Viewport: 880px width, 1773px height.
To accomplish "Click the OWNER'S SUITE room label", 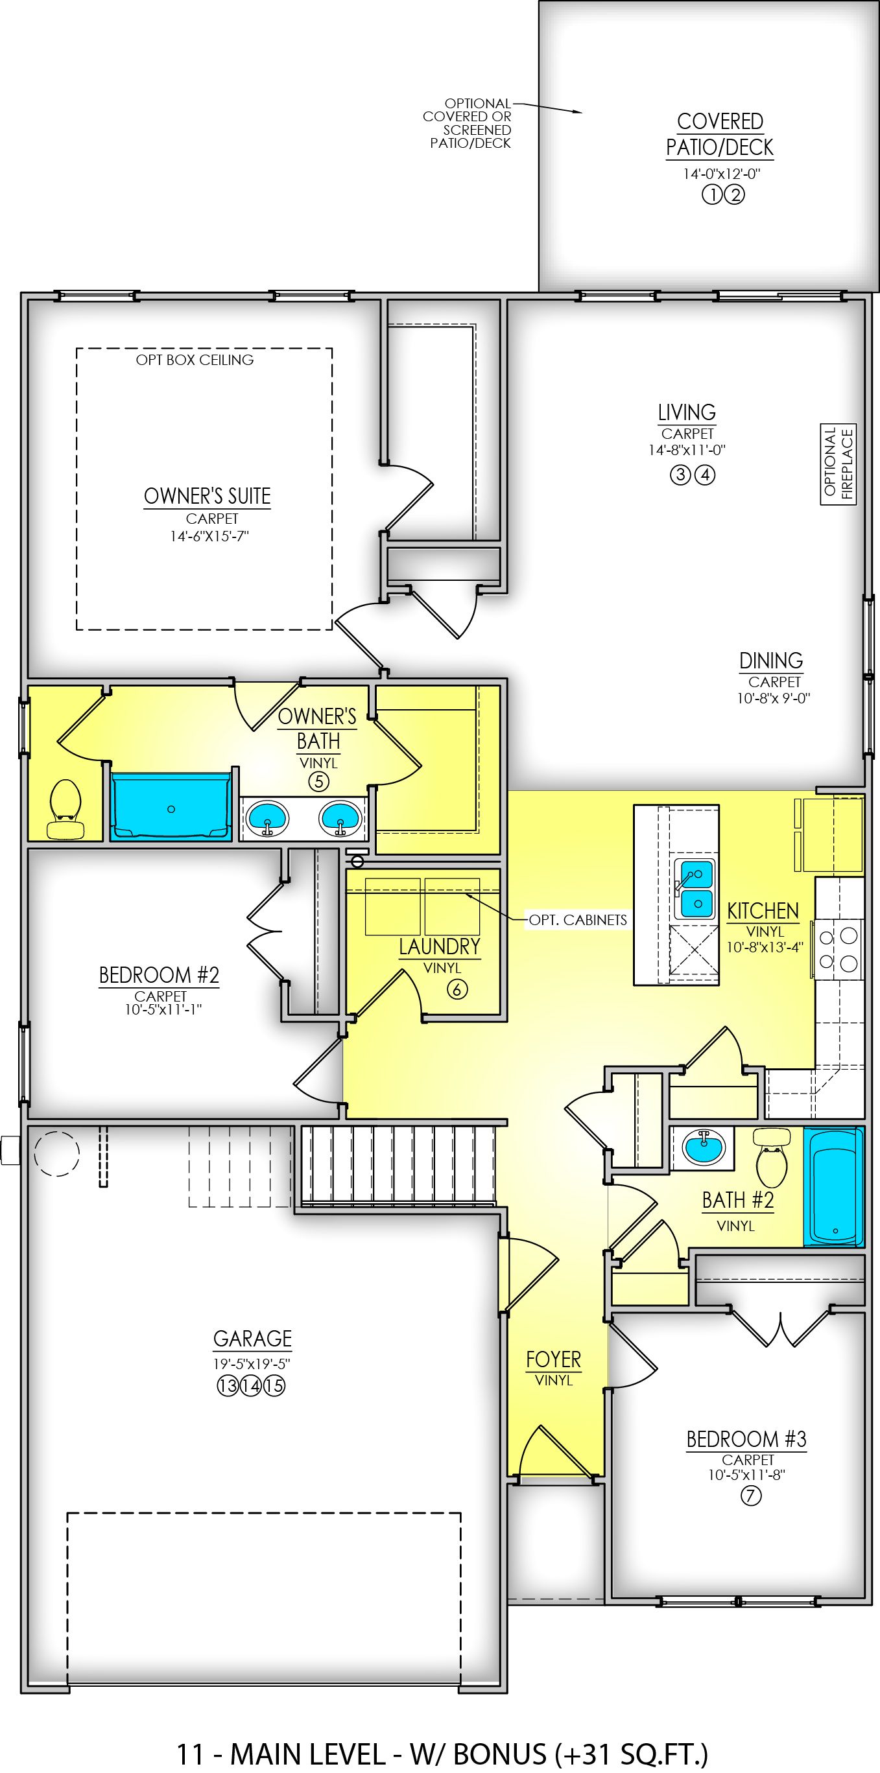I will tap(208, 497).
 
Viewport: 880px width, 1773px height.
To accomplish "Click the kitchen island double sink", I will tap(694, 888).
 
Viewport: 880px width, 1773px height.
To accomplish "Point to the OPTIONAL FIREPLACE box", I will tap(838, 464).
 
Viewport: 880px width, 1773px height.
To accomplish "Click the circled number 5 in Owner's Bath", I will tap(318, 781).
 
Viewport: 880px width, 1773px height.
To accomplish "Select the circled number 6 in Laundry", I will tap(457, 989).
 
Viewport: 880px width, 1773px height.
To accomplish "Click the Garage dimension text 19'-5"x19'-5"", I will tap(252, 1363).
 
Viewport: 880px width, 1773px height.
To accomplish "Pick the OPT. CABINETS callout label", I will tap(578, 919).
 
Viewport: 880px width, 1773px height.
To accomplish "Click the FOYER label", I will tap(554, 1359).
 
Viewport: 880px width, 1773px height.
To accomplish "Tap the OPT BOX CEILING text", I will tap(195, 360).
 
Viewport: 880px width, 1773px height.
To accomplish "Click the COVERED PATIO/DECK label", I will tap(720, 134).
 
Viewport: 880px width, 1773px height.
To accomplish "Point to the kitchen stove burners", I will tap(838, 948).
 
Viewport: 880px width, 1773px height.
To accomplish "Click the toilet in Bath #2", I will tap(771, 1158).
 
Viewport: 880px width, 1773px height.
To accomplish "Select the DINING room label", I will tap(771, 661).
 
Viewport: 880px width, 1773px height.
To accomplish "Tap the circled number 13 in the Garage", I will tap(228, 1385).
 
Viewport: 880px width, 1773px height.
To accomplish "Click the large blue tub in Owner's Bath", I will tap(171, 806).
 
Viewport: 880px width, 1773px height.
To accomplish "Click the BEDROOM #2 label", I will tap(159, 975).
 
